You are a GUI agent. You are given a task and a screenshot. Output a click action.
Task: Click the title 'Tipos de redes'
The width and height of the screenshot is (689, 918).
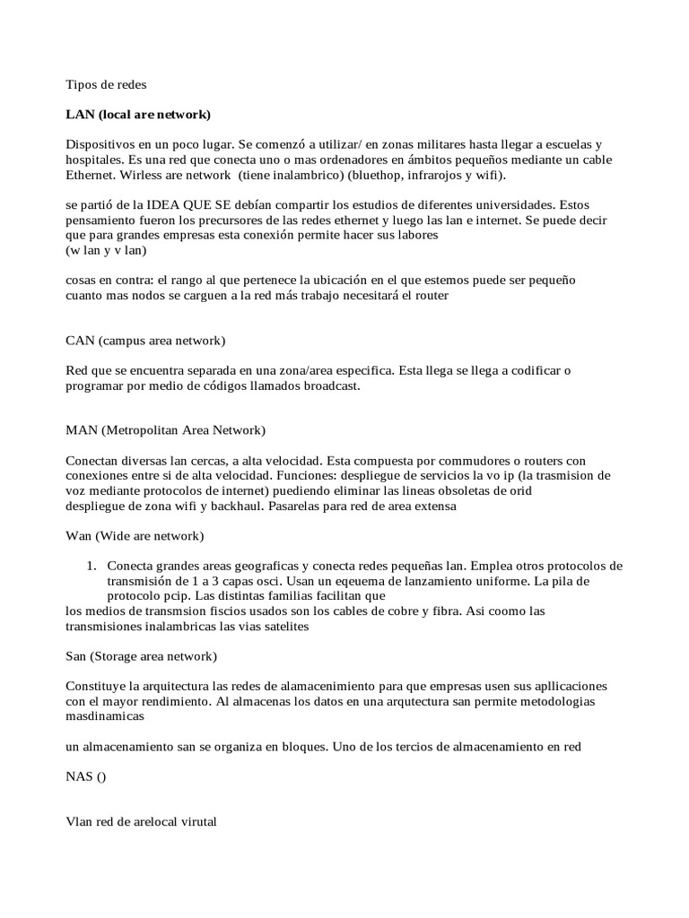pyautogui.click(x=106, y=85)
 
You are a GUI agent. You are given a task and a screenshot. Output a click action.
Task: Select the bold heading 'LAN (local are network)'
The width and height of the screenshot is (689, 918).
pyautogui.click(x=138, y=115)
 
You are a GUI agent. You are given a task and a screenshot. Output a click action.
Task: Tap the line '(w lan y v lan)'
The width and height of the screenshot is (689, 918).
pyautogui.click(x=106, y=251)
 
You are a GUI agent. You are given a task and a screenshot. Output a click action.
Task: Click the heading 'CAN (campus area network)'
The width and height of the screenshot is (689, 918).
pyautogui.click(x=146, y=341)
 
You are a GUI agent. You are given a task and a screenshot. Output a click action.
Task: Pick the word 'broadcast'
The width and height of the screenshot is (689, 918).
pyautogui.click(x=328, y=385)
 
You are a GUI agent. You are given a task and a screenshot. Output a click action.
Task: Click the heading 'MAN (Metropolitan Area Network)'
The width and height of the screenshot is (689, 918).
pyautogui.click(x=166, y=430)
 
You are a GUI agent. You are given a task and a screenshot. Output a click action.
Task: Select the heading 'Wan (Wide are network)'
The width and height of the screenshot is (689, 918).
pyautogui.click(x=135, y=536)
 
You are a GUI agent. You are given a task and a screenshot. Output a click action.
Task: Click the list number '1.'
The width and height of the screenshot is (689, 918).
pyautogui.click(x=91, y=567)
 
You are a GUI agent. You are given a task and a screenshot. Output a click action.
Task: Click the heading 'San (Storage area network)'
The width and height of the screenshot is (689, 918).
pyautogui.click(x=141, y=656)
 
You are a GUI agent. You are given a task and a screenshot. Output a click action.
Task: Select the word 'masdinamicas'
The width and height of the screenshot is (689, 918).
pyautogui.click(x=105, y=717)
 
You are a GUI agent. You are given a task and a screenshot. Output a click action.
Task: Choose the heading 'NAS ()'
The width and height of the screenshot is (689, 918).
pyautogui.click(x=85, y=777)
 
